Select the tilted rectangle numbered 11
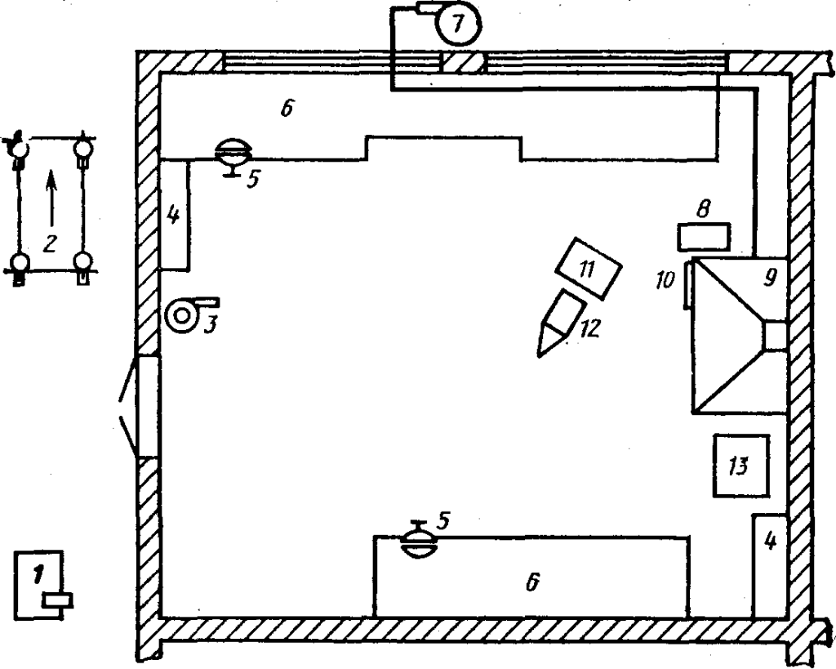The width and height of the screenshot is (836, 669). tap(587, 268)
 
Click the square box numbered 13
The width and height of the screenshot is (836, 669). tap(741, 466)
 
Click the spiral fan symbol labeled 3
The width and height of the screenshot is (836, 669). tap(181, 315)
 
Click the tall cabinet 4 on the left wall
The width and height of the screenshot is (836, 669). tap(175, 215)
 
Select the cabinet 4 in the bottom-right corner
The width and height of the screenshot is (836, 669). tap(768, 565)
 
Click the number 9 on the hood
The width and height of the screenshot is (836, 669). tap(767, 277)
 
